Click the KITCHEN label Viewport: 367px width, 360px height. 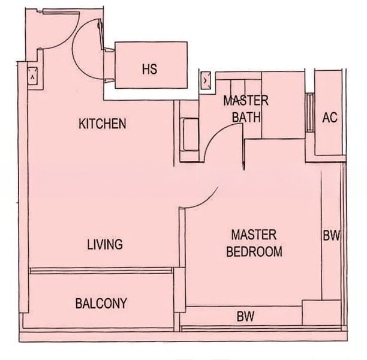pyautogui.click(x=103, y=124)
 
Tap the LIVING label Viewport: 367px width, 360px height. pyautogui.click(x=105, y=244)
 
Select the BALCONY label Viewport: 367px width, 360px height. pyautogui.click(x=101, y=303)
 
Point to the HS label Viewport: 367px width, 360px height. pyautogui.click(x=149, y=69)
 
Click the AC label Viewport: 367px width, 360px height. pyautogui.click(x=330, y=117)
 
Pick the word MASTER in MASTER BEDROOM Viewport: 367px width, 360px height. pyautogui.click(x=254, y=235)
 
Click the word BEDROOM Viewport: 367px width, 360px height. pyautogui.click(x=254, y=251)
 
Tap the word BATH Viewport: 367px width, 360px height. pyautogui.click(x=246, y=117)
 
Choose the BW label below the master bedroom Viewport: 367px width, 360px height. pyautogui.click(x=245, y=316)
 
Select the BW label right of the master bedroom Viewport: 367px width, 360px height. pyautogui.click(x=332, y=235)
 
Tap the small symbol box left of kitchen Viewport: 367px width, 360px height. pyautogui.click(x=32, y=76)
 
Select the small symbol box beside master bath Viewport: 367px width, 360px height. pyautogui.click(x=206, y=80)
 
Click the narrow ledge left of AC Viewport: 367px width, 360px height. pyautogui.click(x=310, y=113)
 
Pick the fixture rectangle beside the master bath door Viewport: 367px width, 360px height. pyautogui.click(x=191, y=134)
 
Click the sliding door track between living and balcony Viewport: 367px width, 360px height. pyautogui.click(x=101, y=271)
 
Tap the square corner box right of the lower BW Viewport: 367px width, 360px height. pyautogui.click(x=321, y=313)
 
